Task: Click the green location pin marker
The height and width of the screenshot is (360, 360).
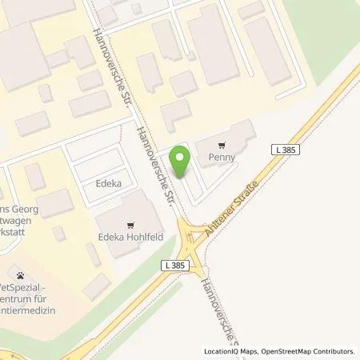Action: (182, 162)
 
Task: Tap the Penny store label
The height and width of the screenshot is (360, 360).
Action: (222, 158)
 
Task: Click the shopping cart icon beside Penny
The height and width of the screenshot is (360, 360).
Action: (222, 145)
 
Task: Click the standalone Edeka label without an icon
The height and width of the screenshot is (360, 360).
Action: (109, 183)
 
